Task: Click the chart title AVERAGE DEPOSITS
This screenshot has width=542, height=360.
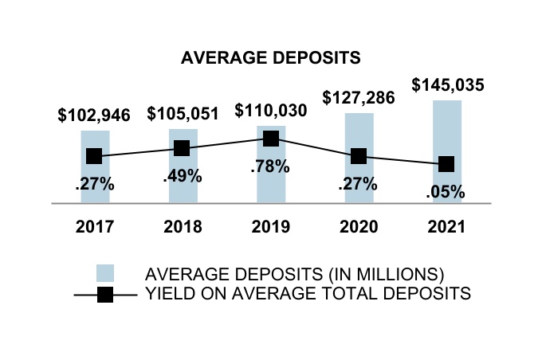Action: [271, 58]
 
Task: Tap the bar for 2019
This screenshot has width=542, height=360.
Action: [270, 171]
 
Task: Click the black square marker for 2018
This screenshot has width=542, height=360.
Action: [182, 148]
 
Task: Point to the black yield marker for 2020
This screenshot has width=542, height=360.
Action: [359, 156]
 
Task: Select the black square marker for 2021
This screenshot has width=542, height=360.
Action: [446, 164]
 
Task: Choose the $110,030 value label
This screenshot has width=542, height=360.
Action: [270, 111]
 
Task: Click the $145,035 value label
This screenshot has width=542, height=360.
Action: [448, 85]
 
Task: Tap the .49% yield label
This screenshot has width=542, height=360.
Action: [182, 177]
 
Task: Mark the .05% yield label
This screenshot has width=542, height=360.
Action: [446, 191]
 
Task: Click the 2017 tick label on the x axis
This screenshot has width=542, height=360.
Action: [95, 227]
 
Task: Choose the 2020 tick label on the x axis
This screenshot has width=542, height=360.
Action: [359, 227]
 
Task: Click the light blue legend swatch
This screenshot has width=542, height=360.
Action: [104, 273]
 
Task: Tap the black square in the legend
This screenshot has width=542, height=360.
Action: [104, 295]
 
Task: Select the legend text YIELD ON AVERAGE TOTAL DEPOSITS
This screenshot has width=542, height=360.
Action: [308, 294]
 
